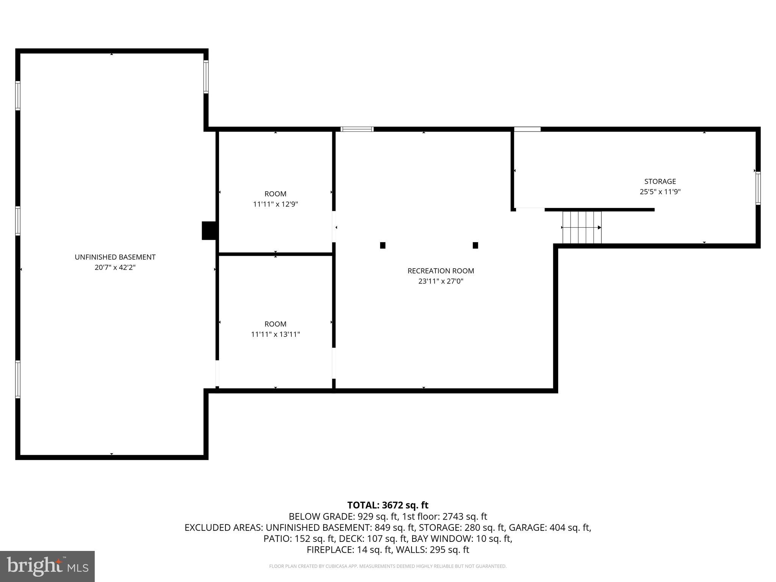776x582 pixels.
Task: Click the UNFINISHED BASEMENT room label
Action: (115, 257)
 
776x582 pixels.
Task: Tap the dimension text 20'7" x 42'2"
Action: (115, 268)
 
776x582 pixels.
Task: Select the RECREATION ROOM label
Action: (441, 271)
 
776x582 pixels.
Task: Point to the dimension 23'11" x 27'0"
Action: (441, 281)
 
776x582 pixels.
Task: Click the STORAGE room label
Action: (660, 181)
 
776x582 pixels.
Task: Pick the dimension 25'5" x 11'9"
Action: (660, 192)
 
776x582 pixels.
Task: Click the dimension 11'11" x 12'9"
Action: (275, 204)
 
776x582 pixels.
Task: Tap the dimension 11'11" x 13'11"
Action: (275, 334)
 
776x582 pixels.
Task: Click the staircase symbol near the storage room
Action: (582, 227)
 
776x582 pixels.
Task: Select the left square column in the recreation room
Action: (383, 246)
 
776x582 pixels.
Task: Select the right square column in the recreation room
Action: (475, 246)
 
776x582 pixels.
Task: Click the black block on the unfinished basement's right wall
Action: (208, 230)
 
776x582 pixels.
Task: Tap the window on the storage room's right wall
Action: (758, 188)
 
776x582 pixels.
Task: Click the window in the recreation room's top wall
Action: (357, 129)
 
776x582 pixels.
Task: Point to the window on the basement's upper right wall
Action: (206, 77)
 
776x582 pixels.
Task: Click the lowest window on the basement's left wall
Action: (18, 379)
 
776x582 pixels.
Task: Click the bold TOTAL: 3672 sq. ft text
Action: (388, 505)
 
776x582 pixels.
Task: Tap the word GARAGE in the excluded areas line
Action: (524, 527)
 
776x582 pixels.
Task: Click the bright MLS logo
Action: (47, 566)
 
